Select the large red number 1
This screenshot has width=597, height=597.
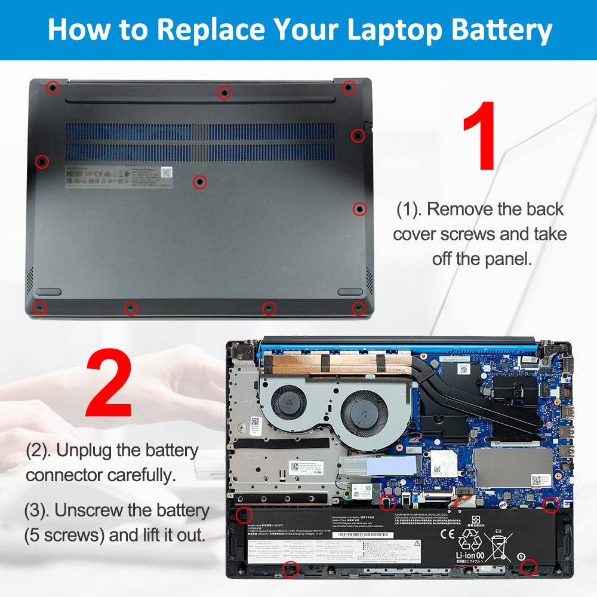tap(480, 136)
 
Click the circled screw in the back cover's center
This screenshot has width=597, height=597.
tap(199, 182)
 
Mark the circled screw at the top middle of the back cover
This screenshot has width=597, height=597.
tap(224, 92)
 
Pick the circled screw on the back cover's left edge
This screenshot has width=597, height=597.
tap(42, 161)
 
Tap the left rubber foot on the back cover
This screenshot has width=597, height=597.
tap(49, 291)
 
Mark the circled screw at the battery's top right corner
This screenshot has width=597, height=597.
tap(550, 505)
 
